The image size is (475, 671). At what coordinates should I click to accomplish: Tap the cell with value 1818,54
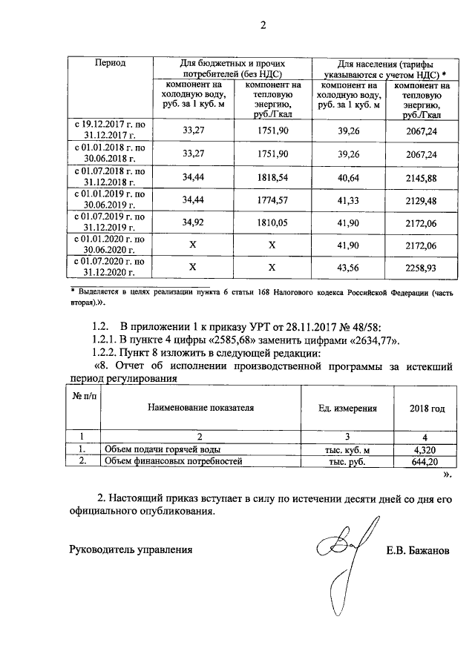pyautogui.click(x=272, y=179)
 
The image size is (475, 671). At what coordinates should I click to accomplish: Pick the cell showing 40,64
pyautogui.click(x=348, y=179)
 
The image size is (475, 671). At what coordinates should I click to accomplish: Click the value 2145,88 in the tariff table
pyautogui.click(x=421, y=179)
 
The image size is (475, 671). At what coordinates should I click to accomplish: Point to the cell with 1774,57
pyautogui.click(x=272, y=201)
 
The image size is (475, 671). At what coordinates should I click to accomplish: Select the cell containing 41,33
pyautogui.click(x=348, y=201)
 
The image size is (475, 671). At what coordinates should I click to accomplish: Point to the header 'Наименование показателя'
pyautogui.click(x=200, y=408)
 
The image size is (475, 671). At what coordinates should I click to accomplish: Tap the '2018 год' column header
pyautogui.click(x=427, y=408)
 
